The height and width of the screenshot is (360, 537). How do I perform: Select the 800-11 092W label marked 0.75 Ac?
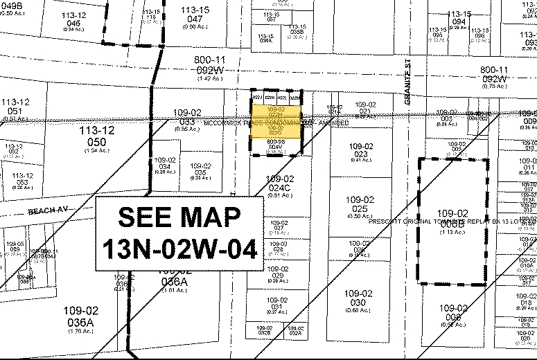[493, 75]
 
